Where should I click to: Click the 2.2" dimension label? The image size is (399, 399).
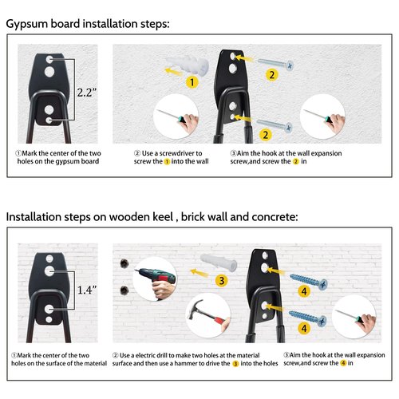coord(87,93)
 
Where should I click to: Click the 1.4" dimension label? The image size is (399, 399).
coord(87,290)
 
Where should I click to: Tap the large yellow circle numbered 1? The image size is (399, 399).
coord(192,82)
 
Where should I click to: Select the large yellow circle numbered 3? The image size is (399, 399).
coord(221,281)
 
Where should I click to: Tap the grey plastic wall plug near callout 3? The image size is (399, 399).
coord(219,262)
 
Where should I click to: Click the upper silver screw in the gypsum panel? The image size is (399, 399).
coord(275,64)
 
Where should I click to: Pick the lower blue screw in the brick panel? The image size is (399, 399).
coord(308,318)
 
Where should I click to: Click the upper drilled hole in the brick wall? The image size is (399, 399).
coord(124,263)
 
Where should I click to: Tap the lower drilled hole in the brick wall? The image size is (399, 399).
coord(124,290)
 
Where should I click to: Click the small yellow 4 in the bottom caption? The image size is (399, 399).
coord(343,363)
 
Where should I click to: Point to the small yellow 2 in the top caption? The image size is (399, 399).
coord(296,161)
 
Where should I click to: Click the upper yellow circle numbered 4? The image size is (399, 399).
coord(304,291)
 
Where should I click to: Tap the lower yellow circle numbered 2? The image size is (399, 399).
coord(266,135)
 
